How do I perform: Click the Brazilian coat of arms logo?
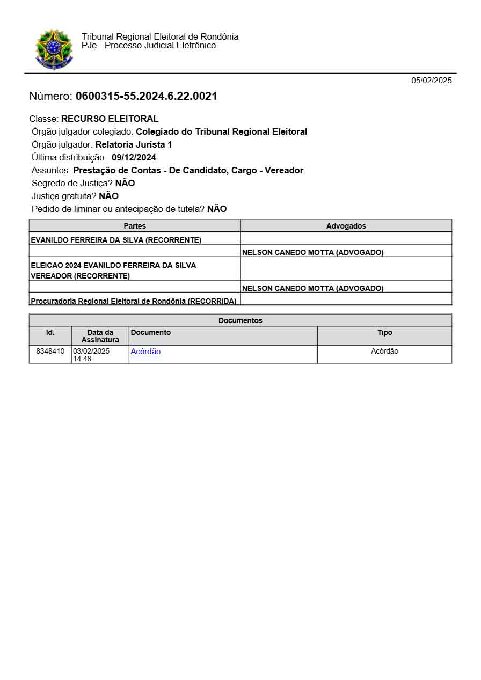tap(53, 49)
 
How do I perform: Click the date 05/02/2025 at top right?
tap(432, 81)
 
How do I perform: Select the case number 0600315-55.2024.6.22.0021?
tap(146, 97)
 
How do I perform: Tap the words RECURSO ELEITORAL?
tap(110, 119)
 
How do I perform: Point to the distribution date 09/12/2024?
tap(134, 158)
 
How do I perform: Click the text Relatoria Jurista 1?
tap(134, 145)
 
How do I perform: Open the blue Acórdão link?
tap(145, 352)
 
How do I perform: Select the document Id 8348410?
tap(50, 352)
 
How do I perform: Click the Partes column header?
tap(135, 226)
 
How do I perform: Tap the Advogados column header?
tap(346, 226)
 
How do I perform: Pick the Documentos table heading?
tap(240, 320)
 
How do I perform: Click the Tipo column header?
tap(384, 333)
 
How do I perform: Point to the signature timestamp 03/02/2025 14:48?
tap(91, 355)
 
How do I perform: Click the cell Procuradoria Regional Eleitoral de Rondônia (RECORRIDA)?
tap(134, 301)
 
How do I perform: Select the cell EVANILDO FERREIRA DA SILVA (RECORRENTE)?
tap(116, 240)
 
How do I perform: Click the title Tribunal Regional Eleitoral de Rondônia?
tap(160, 36)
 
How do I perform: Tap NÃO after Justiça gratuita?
tap(108, 196)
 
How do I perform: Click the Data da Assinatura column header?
tap(100, 336)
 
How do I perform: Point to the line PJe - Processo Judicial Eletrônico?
tap(149, 46)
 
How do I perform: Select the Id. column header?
tap(50, 333)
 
